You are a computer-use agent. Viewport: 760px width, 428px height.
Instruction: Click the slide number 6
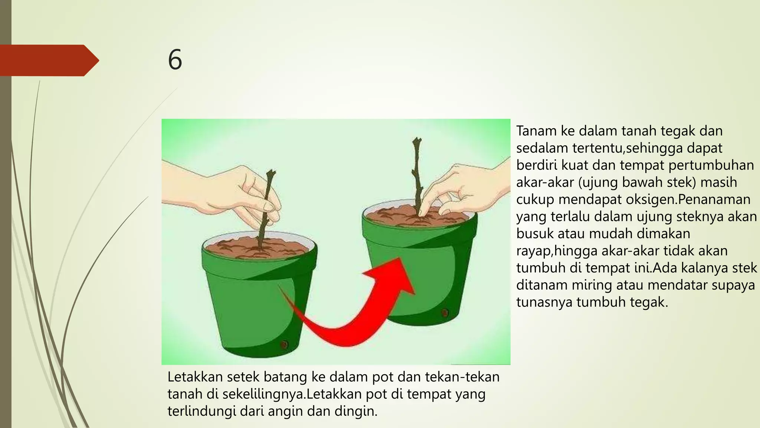[175, 60]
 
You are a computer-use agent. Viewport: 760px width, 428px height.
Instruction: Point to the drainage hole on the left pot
[284, 344]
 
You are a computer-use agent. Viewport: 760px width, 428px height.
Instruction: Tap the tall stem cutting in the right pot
[417, 171]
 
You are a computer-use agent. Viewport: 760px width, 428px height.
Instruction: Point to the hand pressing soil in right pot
[460, 189]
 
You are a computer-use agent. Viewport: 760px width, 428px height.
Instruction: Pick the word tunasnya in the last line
[544, 302]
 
